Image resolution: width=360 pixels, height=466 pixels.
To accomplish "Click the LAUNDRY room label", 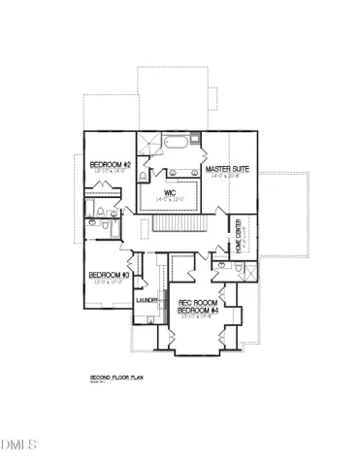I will (147, 301).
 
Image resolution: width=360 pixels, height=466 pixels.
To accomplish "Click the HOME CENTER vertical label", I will (238, 235).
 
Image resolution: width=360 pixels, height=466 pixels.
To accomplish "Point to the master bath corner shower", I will (147, 145).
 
